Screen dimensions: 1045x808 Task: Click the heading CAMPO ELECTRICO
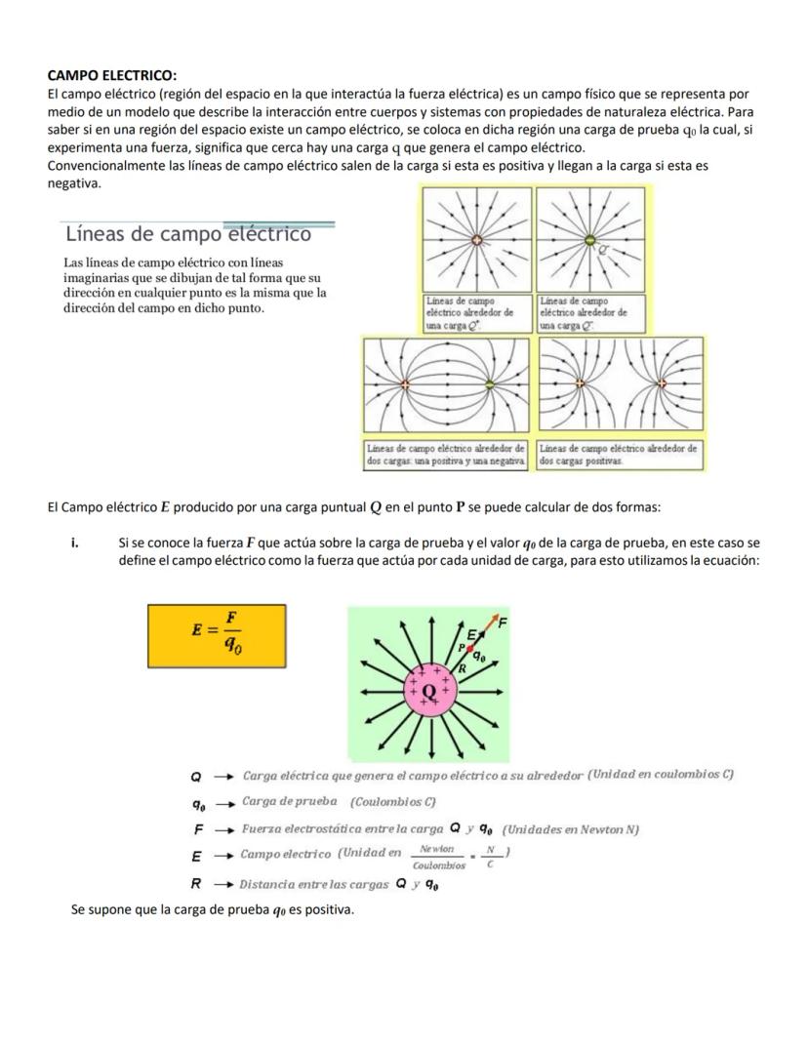(112, 75)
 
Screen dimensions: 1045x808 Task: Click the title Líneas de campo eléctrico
(187, 234)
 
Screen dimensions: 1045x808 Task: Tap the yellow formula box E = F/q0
(217, 635)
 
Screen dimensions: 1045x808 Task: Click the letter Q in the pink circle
(429, 692)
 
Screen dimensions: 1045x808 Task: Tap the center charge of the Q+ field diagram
(476, 239)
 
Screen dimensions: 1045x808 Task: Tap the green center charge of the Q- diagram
(589, 239)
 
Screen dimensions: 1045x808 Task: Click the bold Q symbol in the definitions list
(195, 777)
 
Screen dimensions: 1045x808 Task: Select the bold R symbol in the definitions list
(195, 885)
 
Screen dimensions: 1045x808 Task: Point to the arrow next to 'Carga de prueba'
(223, 804)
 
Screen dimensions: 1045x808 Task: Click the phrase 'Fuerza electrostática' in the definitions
(294, 830)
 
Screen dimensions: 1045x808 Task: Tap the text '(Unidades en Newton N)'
(571, 830)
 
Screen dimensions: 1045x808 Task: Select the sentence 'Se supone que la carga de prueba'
(212, 910)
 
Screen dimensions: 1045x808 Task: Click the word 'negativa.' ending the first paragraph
(74, 182)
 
